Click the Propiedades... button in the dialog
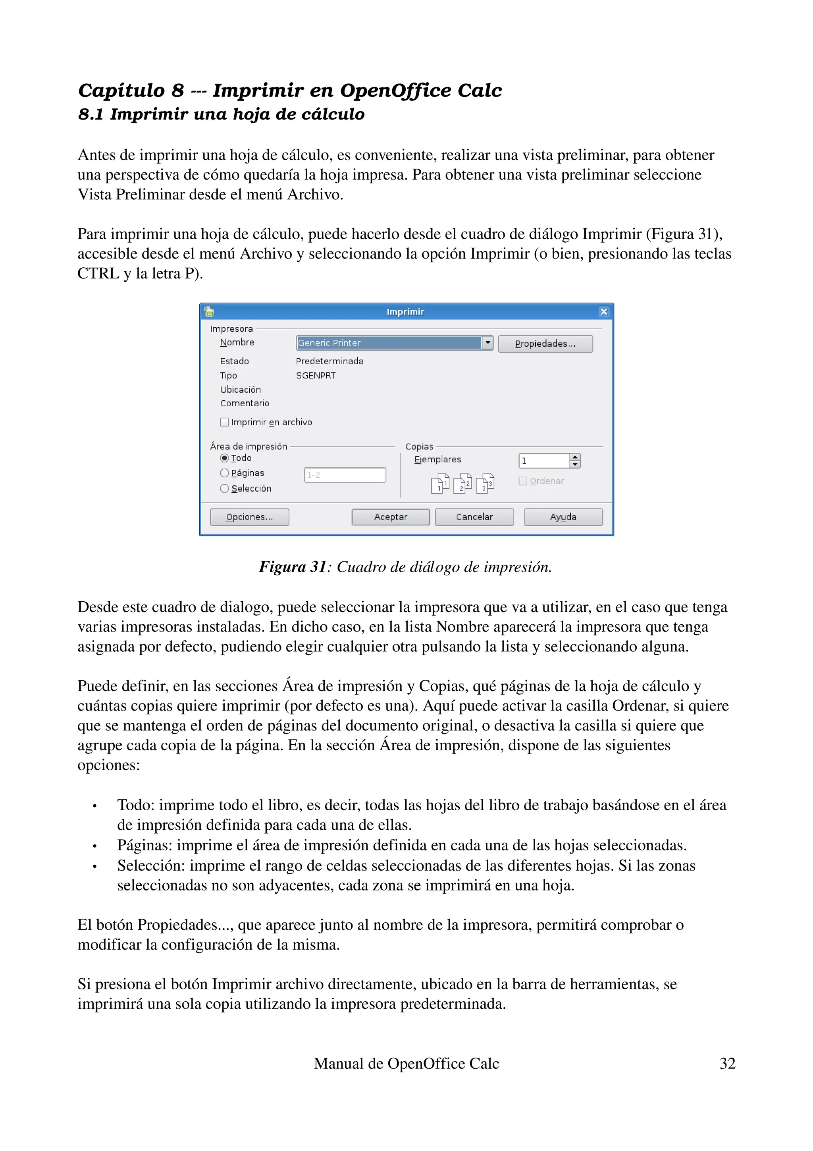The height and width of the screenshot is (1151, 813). pos(545,344)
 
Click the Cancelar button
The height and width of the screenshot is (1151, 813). pos(474,517)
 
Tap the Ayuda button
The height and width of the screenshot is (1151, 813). pos(563,517)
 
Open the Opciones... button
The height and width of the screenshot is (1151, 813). pos(249,517)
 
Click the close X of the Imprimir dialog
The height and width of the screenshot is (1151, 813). pos(604,312)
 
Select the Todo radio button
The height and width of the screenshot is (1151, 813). pos(224,458)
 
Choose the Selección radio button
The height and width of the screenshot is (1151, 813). pos(224,488)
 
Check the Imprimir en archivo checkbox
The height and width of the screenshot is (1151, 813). pos(224,422)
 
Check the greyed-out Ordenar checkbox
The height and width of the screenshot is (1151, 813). pos(523,481)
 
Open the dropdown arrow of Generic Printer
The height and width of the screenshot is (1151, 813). pos(487,343)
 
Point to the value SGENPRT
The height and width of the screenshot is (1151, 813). pos(316,375)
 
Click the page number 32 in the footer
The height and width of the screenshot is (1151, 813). pos(727,1064)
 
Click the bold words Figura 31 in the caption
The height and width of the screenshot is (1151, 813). pos(293,567)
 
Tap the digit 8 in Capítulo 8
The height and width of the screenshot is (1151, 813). pos(178,91)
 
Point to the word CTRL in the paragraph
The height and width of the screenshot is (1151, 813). pos(98,274)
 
